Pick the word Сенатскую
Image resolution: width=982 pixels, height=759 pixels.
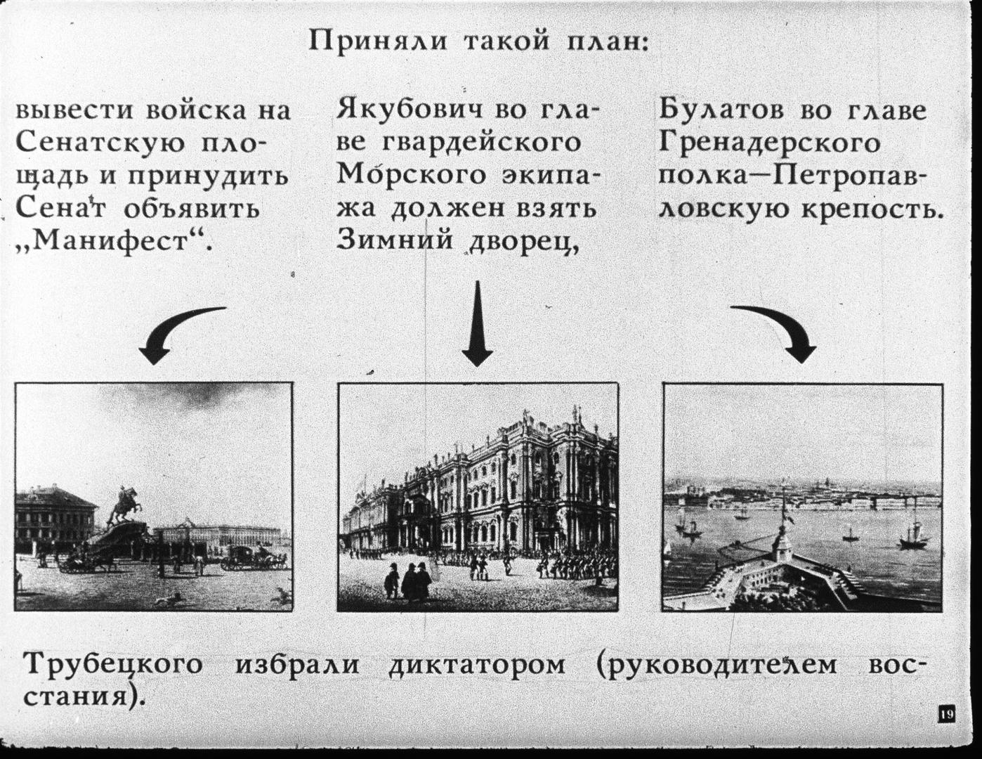100,144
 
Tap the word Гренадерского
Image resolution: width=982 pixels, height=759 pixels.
769,144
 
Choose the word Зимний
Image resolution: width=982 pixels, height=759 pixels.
395,240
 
